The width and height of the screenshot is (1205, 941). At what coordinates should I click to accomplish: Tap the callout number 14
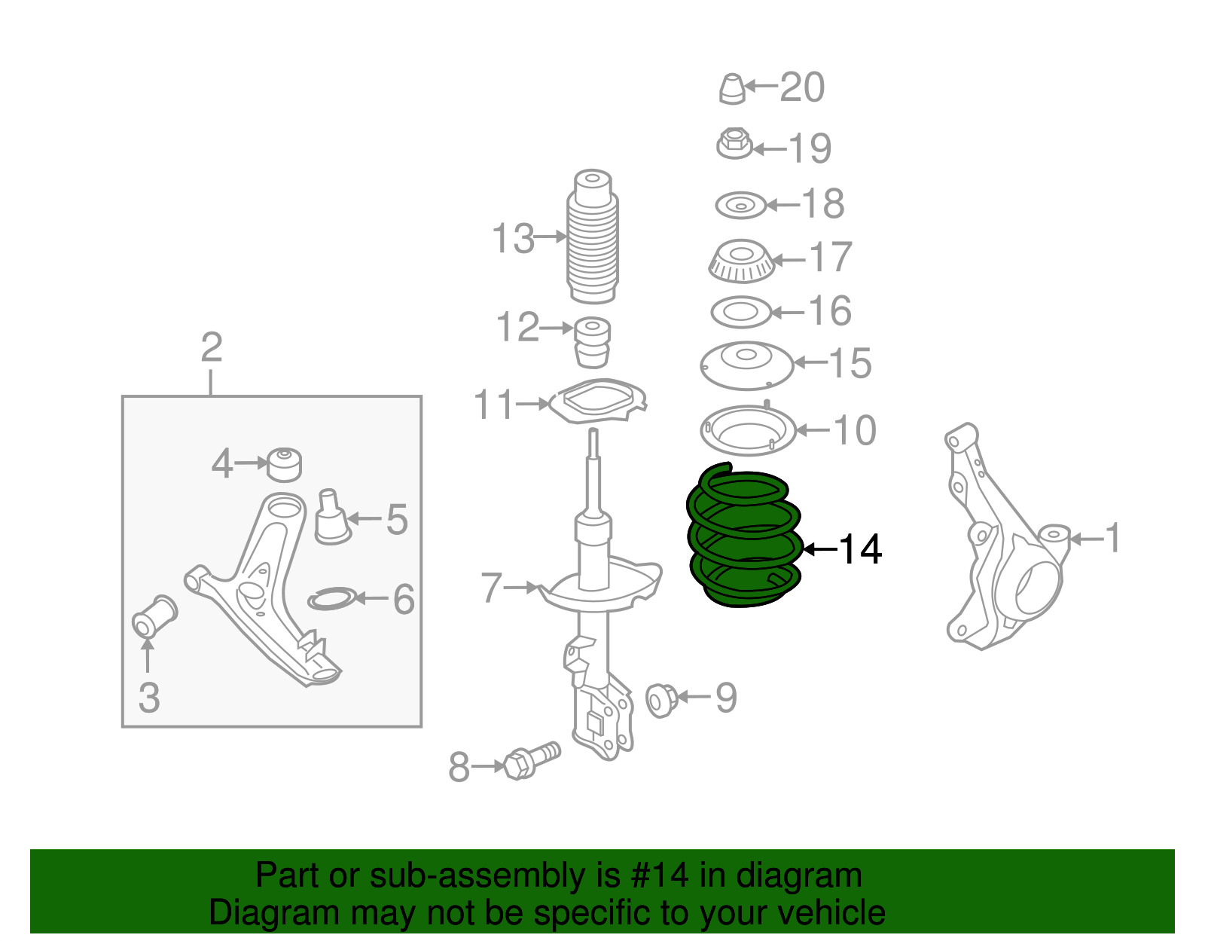[859, 549]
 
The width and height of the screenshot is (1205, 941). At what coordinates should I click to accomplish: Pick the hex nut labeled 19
[734, 143]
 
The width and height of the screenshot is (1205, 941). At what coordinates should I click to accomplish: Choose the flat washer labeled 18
[740, 205]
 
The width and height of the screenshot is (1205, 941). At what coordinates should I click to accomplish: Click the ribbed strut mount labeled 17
[742, 261]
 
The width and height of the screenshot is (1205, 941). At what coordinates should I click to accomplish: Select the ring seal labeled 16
[741, 312]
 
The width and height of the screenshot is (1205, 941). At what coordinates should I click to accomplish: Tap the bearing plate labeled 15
[746, 365]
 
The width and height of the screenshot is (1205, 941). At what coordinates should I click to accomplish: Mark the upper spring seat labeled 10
[748, 431]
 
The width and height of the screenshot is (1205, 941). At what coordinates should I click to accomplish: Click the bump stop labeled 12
[593, 342]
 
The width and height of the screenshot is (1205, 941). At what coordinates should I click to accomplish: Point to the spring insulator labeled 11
[598, 401]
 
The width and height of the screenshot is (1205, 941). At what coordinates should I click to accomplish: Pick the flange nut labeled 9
[661, 700]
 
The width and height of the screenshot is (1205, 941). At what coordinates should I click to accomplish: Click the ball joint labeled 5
[331, 518]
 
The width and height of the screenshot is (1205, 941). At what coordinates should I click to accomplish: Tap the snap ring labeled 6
[331, 600]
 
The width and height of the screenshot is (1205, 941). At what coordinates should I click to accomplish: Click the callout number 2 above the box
[212, 347]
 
